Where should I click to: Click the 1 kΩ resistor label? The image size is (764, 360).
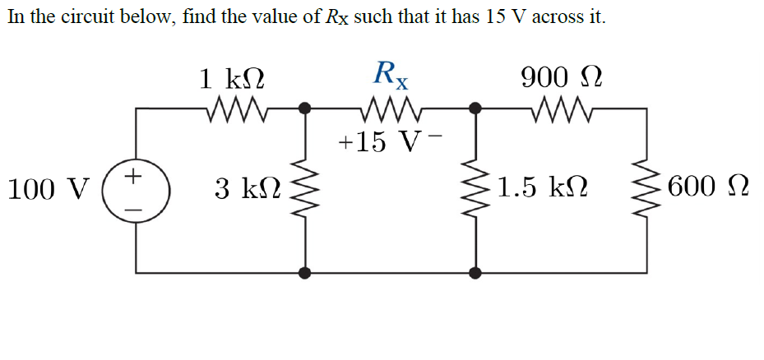(233, 79)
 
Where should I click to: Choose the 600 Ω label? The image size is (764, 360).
(708, 189)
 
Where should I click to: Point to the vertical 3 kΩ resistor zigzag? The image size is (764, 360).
(305, 190)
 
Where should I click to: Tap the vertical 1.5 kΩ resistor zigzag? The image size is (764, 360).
(475, 190)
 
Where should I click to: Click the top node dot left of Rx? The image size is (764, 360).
(305, 108)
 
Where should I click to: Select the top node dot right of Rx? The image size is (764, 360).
(475, 108)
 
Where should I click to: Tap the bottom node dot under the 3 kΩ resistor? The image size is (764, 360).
(305, 272)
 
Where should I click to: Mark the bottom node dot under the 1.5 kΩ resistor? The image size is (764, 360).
(475, 272)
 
